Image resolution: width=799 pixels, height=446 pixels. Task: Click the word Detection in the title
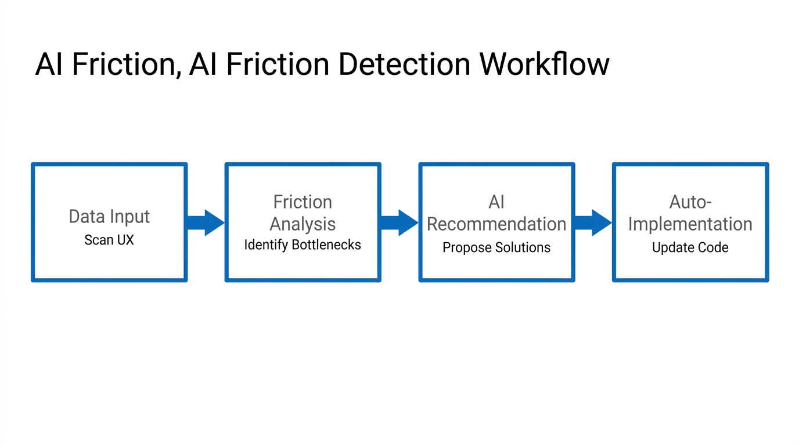coord(404,64)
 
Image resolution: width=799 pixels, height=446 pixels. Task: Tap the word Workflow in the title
coord(544,64)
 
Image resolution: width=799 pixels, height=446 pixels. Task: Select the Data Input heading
coord(109,217)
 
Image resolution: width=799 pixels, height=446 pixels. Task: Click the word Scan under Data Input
coord(99,240)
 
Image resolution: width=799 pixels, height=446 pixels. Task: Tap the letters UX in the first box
coord(125,240)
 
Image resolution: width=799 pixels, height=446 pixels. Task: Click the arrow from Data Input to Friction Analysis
coord(205,222)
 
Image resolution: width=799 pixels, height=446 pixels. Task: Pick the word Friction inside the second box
coord(303,202)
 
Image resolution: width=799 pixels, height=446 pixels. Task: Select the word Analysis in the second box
coord(303,224)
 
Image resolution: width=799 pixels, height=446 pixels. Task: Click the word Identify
coord(266,245)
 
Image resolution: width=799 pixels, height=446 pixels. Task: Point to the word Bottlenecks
coord(326,245)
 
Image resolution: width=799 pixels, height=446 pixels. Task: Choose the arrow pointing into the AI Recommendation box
coord(399,222)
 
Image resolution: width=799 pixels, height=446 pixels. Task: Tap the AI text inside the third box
coord(496,202)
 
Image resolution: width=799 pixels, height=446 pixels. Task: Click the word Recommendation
coord(496,224)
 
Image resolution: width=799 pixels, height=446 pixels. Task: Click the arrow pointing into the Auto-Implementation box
coord(593,222)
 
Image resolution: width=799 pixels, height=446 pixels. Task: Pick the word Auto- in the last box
coord(690,202)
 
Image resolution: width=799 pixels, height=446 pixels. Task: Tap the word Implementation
coord(690,224)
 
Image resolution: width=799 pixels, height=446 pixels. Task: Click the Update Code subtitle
coord(690,247)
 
